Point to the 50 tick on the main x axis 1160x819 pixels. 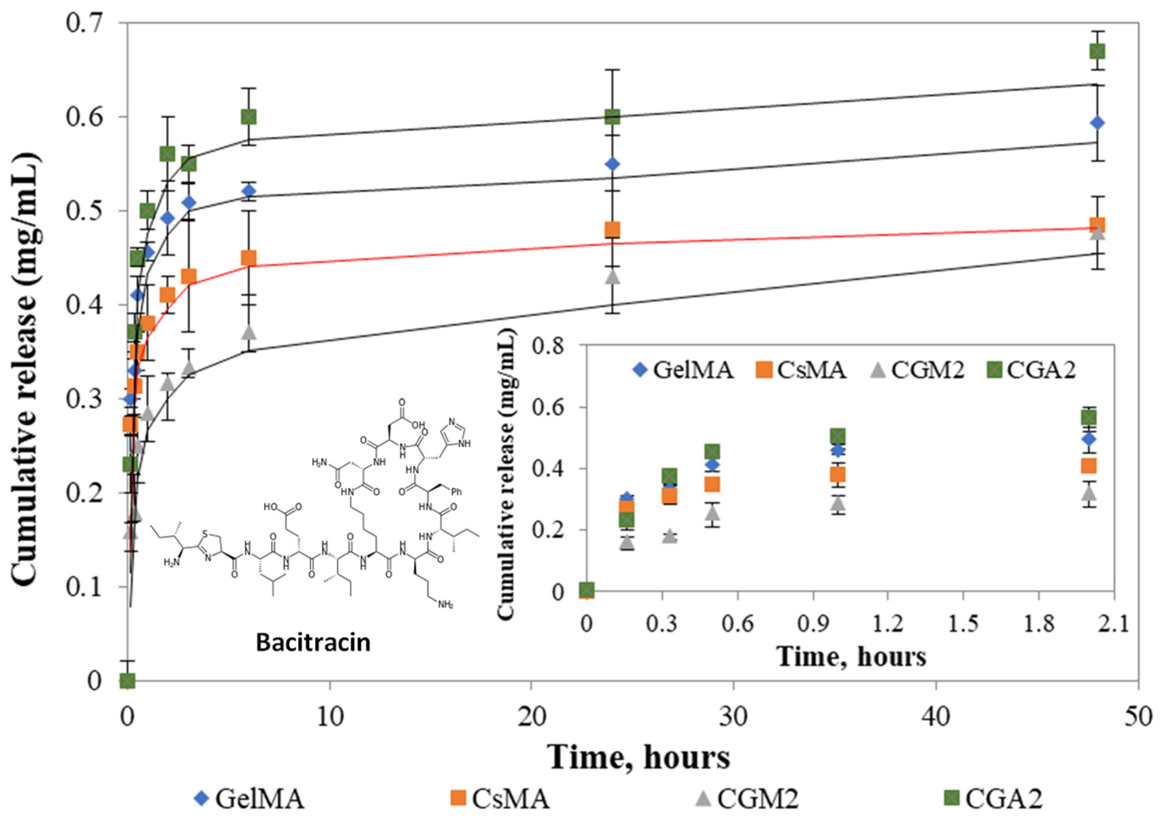click(x=1138, y=717)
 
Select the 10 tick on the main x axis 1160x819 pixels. click(x=330, y=717)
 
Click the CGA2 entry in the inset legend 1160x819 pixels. click(x=1031, y=371)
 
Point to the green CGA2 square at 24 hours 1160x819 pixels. click(x=612, y=117)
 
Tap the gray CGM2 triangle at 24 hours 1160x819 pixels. click(x=612, y=277)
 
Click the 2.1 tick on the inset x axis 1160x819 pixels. click(x=1114, y=625)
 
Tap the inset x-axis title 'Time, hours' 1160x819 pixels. click(x=852, y=657)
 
